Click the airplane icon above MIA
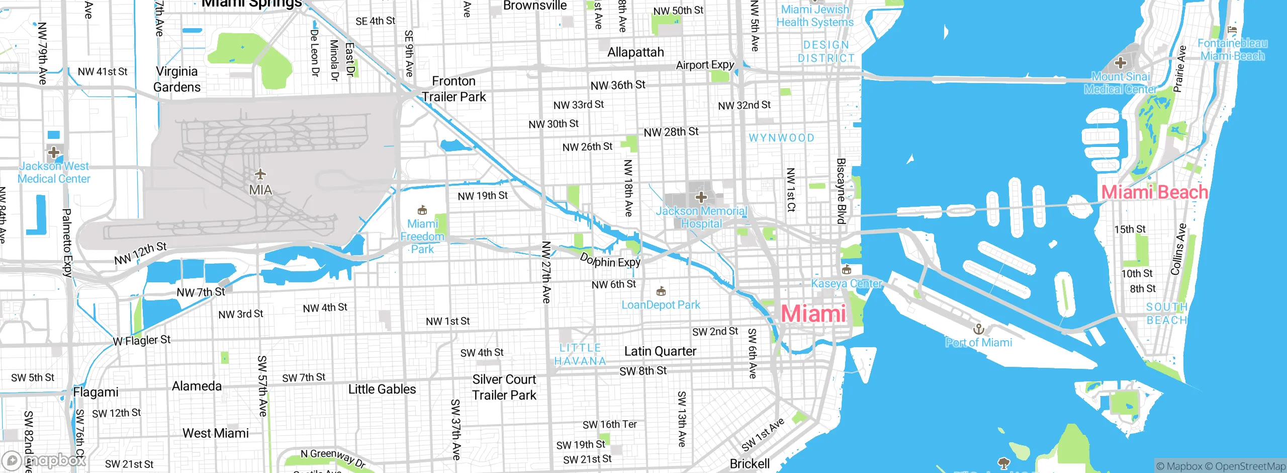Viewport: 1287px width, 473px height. point(260,174)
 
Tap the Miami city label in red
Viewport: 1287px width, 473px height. point(813,314)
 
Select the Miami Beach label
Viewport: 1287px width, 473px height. point(1154,192)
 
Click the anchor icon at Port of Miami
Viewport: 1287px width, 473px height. point(978,330)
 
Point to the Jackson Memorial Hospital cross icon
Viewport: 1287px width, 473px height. point(701,197)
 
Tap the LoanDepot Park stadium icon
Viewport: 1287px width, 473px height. point(661,291)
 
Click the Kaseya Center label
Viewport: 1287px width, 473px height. point(847,284)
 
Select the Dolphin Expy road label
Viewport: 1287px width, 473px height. point(610,261)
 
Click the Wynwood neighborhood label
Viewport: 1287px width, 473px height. point(781,138)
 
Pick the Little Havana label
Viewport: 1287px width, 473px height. point(580,354)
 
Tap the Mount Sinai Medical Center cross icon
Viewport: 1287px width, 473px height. point(1120,63)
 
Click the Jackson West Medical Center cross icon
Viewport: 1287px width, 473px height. point(54,152)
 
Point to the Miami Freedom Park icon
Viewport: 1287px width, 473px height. point(422,210)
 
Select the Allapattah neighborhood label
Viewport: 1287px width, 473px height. point(635,52)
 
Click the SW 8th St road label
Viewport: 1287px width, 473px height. point(643,371)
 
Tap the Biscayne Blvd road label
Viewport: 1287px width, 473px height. point(841,191)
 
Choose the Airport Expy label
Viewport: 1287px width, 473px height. point(705,65)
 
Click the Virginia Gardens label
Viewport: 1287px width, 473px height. point(177,79)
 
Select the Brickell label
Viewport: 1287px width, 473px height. point(750,463)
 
